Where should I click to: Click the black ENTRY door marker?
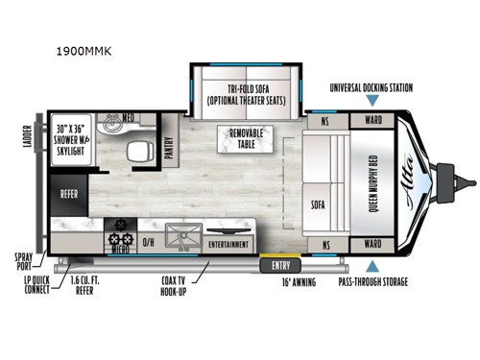280,265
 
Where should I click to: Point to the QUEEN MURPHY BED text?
372,182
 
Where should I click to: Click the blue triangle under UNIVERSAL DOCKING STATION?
372,101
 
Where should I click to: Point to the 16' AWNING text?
299,284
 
